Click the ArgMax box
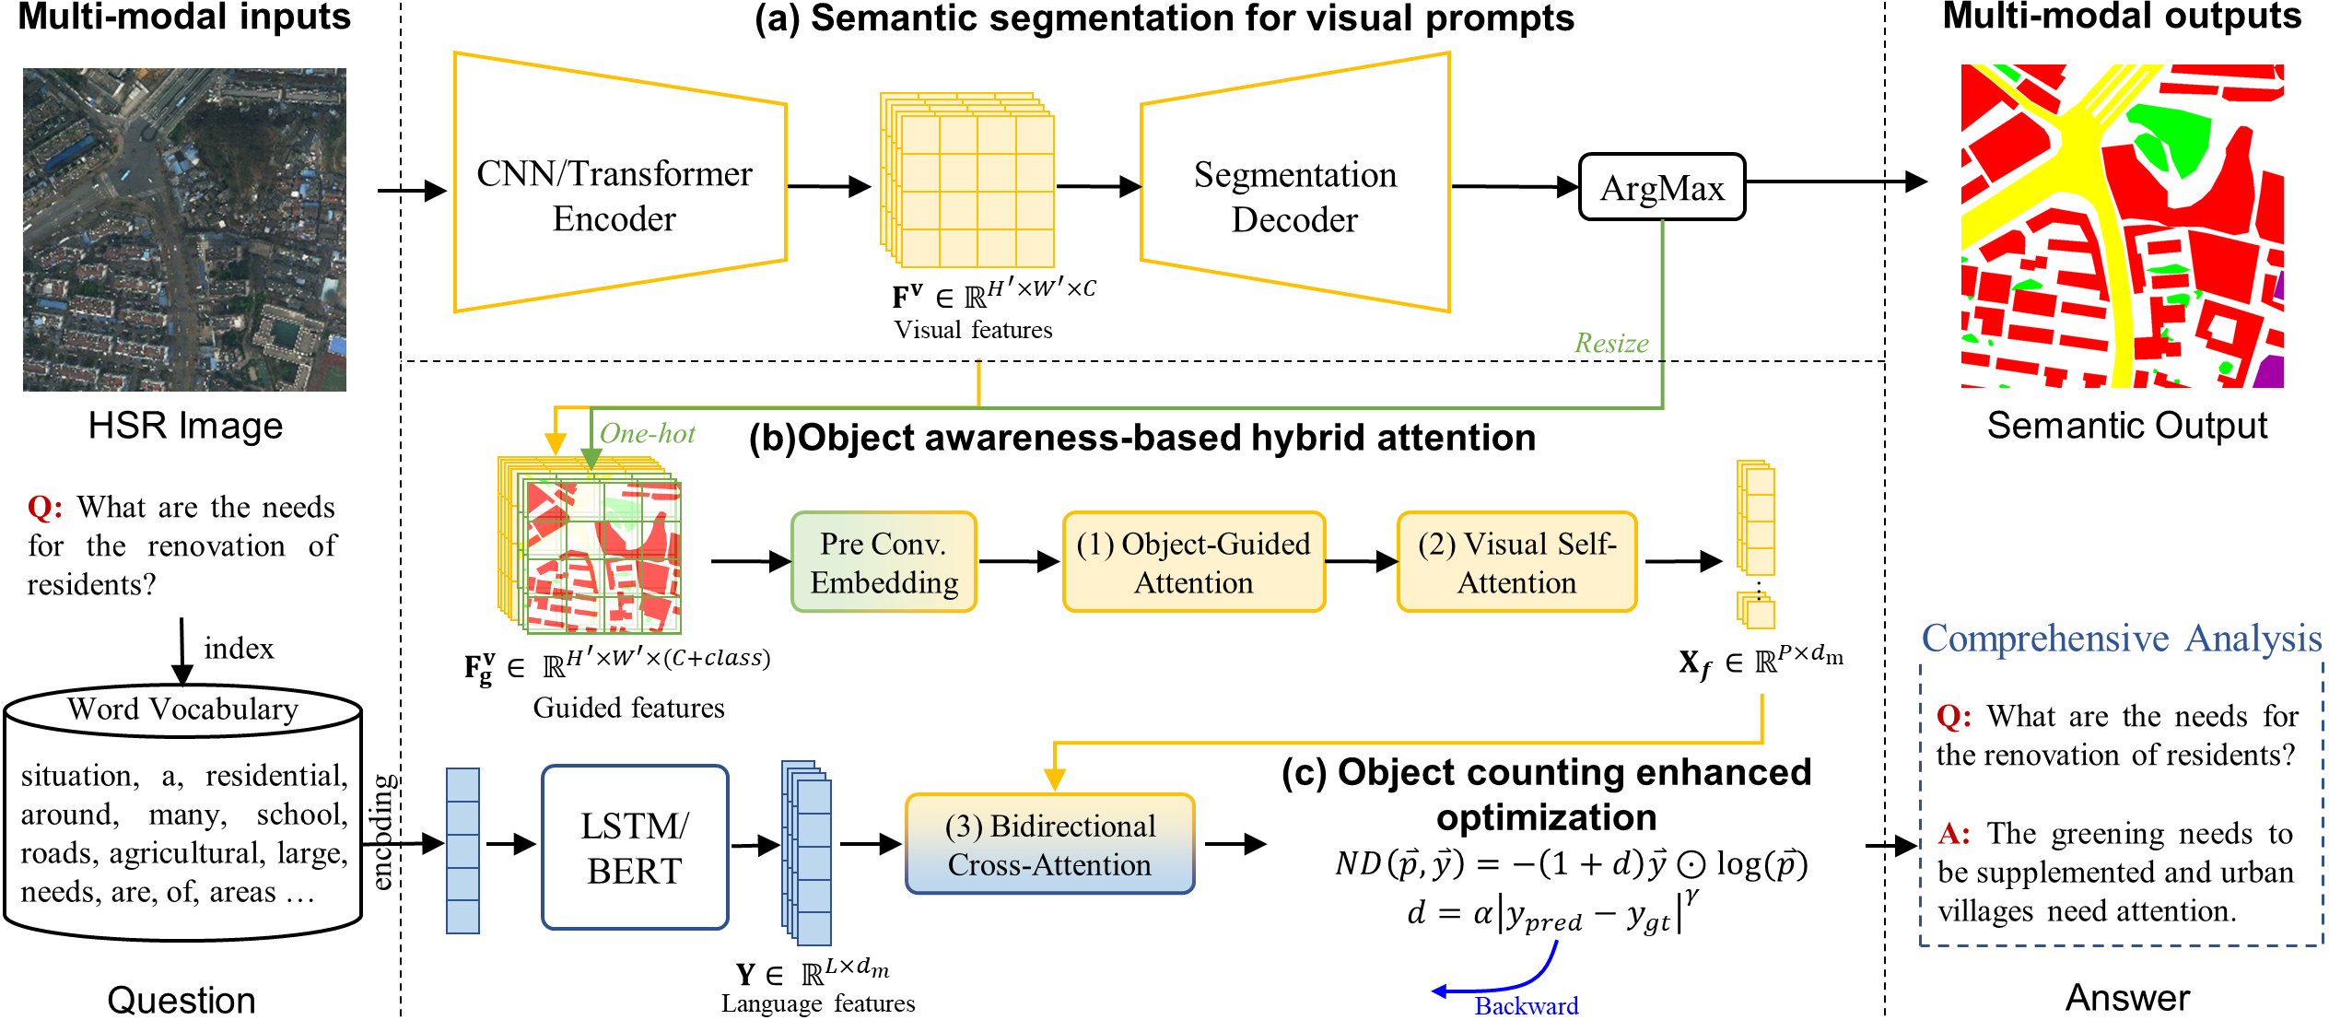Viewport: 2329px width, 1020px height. coord(1662,188)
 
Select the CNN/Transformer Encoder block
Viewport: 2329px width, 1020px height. coord(614,195)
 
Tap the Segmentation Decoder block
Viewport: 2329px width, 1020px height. coord(1294,196)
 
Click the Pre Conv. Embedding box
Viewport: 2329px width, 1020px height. coord(884,563)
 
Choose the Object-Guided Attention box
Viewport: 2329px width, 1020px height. coord(1193,563)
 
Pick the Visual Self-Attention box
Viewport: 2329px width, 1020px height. coord(1516,563)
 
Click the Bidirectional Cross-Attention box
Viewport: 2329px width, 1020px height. coord(1049,845)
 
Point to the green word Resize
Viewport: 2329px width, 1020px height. coord(1611,344)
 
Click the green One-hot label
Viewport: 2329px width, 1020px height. coord(648,434)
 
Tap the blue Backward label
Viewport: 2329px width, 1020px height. coord(1527,1005)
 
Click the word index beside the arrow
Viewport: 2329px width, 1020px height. coord(239,649)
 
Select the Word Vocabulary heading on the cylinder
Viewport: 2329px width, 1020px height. coord(182,709)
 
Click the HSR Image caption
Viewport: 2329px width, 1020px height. coord(185,427)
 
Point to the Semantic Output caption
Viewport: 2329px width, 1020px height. coord(2126,426)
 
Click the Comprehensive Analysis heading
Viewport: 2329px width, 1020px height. coord(2121,639)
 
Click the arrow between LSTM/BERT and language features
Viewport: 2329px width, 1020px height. coord(755,844)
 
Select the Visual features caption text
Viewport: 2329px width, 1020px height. coord(973,330)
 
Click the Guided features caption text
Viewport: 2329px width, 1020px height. coord(628,708)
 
